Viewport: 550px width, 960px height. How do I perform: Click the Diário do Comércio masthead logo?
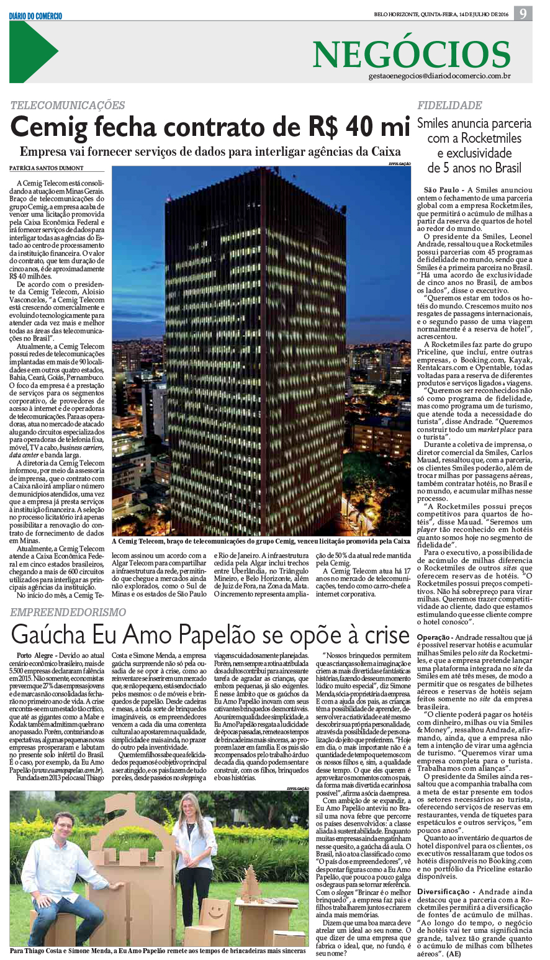(35, 16)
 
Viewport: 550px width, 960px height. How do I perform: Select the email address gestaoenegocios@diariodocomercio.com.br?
(439, 76)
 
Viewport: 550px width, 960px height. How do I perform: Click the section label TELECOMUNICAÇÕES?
(68, 105)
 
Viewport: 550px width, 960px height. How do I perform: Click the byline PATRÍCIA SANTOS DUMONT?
(47, 168)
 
